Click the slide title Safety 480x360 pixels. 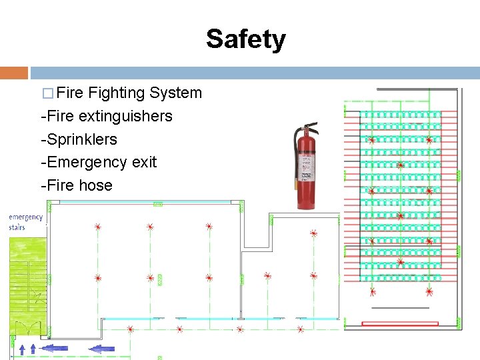tap(245, 39)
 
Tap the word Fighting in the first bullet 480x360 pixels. tap(119, 93)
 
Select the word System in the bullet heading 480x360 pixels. tap(176, 93)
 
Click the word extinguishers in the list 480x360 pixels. tap(125, 116)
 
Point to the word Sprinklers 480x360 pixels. tap(81, 139)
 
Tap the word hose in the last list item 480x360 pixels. tap(97, 185)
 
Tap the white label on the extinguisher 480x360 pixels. tap(307, 167)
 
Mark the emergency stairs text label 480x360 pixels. tap(26, 222)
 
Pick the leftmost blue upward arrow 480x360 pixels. tap(23, 348)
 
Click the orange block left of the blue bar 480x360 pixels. tap(14, 73)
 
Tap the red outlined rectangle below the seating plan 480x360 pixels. tap(400, 324)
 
